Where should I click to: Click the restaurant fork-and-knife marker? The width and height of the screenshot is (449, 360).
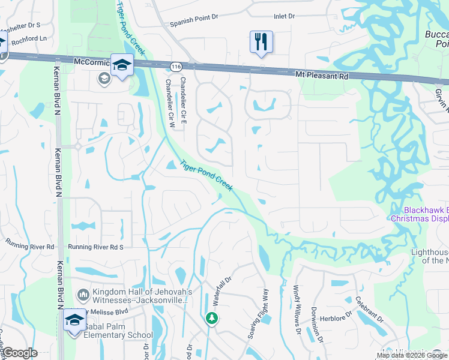click(261, 42)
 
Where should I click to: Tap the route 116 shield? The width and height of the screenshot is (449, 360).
click(175, 67)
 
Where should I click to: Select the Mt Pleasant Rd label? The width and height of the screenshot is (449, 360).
click(322, 76)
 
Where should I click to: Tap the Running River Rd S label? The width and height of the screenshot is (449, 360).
click(95, 247)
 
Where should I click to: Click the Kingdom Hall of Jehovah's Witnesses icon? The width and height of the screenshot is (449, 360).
click(83, 294)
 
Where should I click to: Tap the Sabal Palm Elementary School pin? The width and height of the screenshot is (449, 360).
click(74, 320)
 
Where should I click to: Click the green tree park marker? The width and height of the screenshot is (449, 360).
click(211, 317)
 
